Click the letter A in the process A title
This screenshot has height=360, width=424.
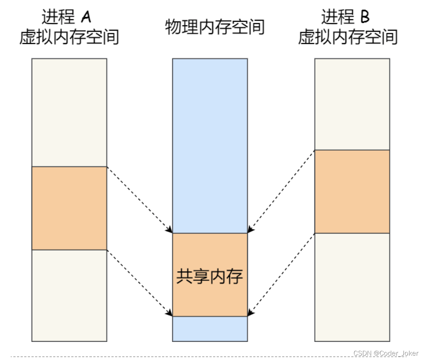click(86, 17)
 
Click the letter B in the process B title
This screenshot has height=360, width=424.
click(365, 17)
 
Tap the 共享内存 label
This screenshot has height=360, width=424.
click(210, 277)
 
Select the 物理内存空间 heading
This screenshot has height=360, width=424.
click(215, 27)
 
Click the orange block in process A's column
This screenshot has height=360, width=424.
click(69, 208)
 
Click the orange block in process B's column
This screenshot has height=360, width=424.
click(352, 192)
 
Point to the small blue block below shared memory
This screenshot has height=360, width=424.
click(210, 329)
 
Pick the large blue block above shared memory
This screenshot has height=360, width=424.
click(210, 145)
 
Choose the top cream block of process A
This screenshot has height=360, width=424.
click(69, 112)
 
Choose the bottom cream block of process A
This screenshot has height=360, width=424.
click(69, 295)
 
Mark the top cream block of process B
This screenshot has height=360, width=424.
click(352, 104)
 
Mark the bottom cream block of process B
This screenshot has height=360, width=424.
click(352, 287)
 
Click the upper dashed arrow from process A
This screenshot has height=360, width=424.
click(139, 200)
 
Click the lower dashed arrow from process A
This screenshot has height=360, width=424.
click(139, 282)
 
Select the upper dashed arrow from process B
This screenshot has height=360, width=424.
click(281, 191)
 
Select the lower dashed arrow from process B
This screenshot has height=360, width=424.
click(281, 274)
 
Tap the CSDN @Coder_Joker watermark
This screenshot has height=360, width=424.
click(386, 353)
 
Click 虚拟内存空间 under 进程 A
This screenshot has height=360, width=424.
click(69, 37)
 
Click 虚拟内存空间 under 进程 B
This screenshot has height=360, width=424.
click(348, 37)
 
